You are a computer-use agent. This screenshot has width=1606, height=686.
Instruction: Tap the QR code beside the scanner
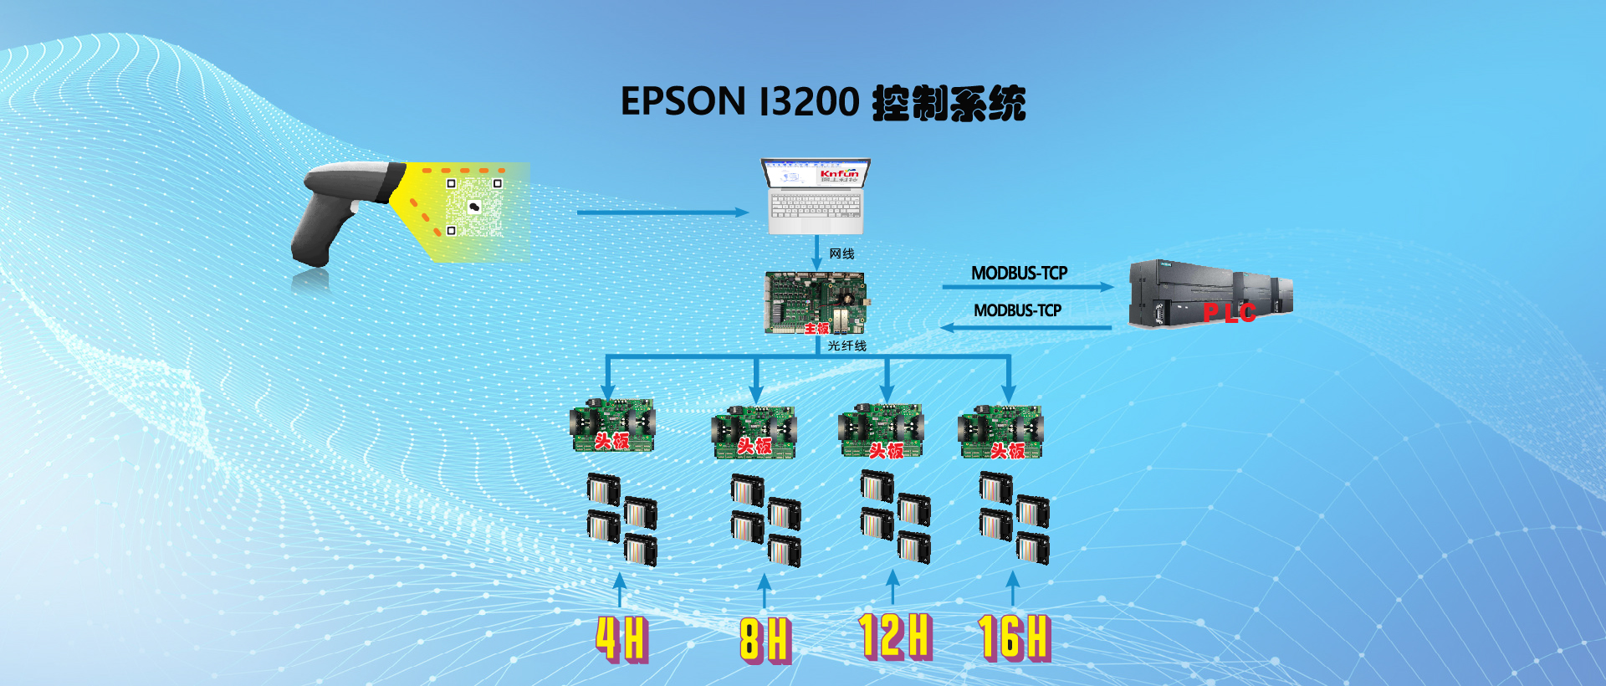pos(473,207)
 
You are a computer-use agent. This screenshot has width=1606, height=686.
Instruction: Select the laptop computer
pos(816,197)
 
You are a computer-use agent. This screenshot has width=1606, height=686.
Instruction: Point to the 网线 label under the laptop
pos(841,253)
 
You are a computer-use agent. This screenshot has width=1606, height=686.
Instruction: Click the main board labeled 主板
pos(816,303)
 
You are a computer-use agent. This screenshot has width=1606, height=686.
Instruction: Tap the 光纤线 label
pos(846,346)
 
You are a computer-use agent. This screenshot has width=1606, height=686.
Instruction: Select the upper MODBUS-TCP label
pos(1019,273)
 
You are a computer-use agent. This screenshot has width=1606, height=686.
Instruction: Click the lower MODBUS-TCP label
pos(1017,310)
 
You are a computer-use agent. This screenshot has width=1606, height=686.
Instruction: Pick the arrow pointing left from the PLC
pos(1025,327)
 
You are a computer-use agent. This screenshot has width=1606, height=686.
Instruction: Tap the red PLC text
pos(1230,313)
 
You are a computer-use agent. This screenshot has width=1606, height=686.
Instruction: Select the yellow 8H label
pos(765,640)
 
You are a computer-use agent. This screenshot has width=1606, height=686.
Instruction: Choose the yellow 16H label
pos(1014,637)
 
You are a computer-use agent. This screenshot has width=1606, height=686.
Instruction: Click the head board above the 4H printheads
pos(612,426)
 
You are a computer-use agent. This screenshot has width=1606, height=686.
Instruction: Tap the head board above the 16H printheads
pos(1000,432)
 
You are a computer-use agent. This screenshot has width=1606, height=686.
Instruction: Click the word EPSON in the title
pos(683,102)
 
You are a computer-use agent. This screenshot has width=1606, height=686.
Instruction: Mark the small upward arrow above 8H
pos(764,590)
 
